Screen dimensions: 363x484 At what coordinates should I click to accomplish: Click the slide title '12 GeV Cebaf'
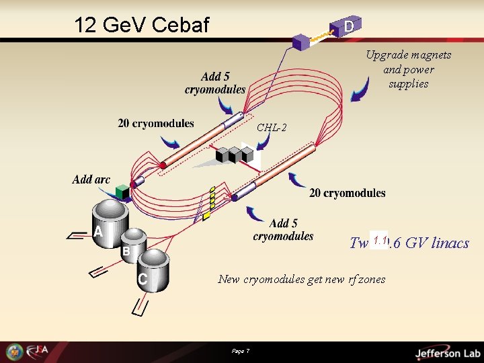click(x=142, y=26)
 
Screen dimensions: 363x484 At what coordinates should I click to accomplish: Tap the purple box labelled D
click(x=349, y=26)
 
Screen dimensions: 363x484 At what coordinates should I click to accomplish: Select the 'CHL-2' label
click(x=272, y=128)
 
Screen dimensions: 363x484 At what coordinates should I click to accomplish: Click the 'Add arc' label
click(x=91, y=179)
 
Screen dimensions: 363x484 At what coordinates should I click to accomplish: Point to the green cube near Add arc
click(x=122, y=192)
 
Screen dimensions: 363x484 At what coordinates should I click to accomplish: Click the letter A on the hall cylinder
click(x=98, y=232)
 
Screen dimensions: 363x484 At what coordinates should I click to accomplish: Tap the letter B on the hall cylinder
click(x=126, y=251)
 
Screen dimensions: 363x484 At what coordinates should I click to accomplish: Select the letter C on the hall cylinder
click(x=143, y=278)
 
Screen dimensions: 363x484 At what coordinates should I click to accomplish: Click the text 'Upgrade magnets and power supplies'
click(x=408, y=69)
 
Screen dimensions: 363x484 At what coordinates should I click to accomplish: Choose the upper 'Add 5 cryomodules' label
click(x=215, y=83)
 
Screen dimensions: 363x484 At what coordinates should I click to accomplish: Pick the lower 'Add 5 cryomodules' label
click(x=283, y=229)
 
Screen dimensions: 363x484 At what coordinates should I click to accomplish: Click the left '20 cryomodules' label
click(x=155, y=123)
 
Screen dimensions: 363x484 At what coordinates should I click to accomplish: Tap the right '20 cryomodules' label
click(x=347, y=193)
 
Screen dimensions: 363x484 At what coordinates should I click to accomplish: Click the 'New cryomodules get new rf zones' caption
click(x=301, y=279)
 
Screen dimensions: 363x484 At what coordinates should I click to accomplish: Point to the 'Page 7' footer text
click(x=240, y=352)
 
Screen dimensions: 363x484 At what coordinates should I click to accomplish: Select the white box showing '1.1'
click(x=379, y=240)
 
